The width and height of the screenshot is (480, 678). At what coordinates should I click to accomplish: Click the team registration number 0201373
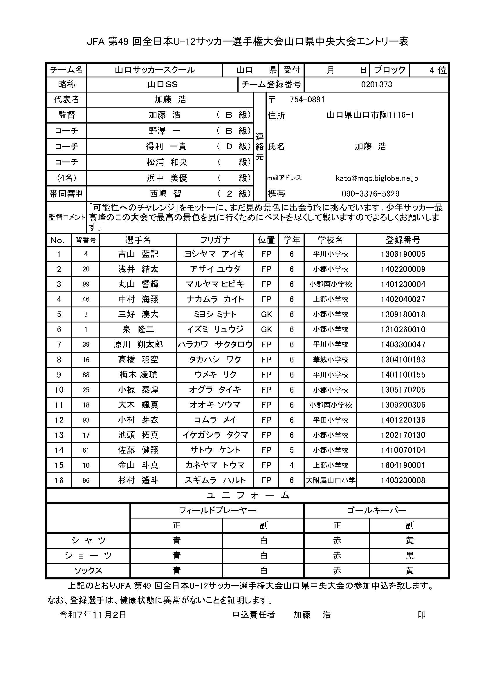click(376, 84)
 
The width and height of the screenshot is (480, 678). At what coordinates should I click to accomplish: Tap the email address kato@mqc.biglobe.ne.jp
click(377, 178)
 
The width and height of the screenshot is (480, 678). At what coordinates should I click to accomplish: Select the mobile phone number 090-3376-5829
click(370, 194)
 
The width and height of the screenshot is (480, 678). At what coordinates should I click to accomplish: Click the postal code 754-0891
click(307, 99)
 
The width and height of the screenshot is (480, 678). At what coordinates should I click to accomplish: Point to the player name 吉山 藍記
click(138, 254)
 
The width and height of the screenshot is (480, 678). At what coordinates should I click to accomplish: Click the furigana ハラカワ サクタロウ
click(215, 344)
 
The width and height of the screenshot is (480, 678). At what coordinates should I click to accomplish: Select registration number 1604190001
click(403, 465)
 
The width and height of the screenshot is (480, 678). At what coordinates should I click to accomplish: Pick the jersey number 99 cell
click(86, 284)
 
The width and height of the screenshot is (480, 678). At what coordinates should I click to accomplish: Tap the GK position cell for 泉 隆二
click(266, 329)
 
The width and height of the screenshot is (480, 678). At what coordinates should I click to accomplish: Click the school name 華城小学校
click(331, 360)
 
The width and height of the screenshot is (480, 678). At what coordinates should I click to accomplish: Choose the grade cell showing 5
click(291, 450)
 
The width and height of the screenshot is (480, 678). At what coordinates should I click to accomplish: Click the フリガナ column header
click(215, 240)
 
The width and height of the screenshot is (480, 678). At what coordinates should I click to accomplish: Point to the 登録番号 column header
click(403, 240)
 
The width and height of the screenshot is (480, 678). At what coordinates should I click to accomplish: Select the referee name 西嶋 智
click(165, 194)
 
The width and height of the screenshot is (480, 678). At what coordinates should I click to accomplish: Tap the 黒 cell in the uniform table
click(409, 555)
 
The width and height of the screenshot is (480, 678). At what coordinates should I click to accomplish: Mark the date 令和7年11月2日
click(93, 606)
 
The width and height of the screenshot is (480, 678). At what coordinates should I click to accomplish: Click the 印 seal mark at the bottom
click(421, 607)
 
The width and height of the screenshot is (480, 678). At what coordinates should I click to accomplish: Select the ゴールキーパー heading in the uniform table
click(376, 510)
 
